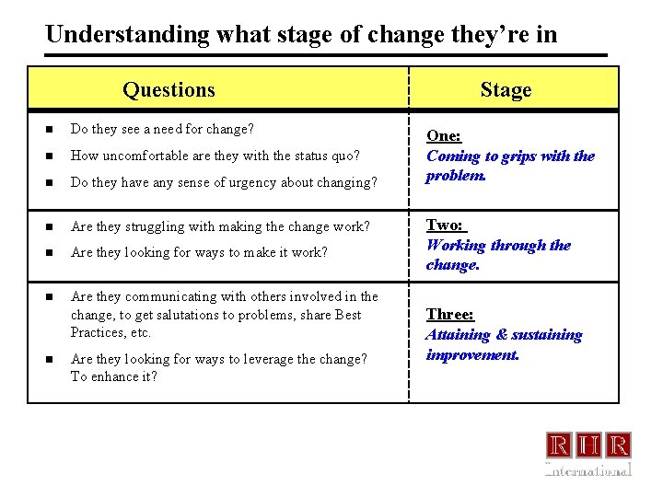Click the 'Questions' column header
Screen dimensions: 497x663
[169, 89]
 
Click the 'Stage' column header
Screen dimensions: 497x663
[506, 89]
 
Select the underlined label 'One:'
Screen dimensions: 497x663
[444, 136]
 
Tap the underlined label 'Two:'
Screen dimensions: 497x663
[446, 225]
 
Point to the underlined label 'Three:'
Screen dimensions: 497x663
[449, 315]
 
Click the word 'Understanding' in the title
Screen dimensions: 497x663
[128, 34]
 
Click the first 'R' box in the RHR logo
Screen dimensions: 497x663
[559, 445]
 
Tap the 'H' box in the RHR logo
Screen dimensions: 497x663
[588, 445]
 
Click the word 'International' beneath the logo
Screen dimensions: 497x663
[588, 469]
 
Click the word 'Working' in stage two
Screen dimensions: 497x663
[458, 246]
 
